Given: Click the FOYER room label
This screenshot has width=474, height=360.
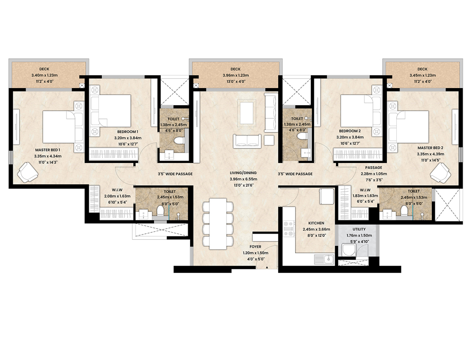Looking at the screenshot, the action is coord(255,247).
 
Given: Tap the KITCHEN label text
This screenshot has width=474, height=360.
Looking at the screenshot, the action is coord(316,223).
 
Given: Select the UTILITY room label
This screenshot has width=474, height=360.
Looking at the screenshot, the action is coord(359,229).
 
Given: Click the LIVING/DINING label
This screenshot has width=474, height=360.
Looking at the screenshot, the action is coord(243,173).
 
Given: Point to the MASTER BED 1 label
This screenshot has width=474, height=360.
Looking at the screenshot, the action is coord(48,150).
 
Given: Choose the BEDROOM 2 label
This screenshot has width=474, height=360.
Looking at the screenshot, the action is coord(350,131).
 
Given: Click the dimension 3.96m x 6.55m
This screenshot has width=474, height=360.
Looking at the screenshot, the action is coord(243,179).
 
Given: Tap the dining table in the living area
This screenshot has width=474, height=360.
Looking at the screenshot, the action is coord(218,224).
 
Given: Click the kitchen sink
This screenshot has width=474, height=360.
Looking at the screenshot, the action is coord(324,260).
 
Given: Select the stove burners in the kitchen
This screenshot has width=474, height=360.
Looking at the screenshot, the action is coord(289,228).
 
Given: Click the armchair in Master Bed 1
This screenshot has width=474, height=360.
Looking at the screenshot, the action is coord(27,172).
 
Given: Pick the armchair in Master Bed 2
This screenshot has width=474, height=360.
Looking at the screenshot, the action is coord(441,173).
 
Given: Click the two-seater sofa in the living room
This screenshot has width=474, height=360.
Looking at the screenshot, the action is coord(247,141).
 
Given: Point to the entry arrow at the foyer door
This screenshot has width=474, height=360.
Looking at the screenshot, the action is coord(267,267).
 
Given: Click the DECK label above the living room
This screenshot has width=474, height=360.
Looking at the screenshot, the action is coord(236,69).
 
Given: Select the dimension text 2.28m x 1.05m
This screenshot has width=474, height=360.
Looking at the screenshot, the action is coord(374,174).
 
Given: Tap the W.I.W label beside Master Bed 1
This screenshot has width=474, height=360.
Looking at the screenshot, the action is coord(117,190).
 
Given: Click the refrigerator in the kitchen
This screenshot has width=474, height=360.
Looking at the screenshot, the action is coord(327,196).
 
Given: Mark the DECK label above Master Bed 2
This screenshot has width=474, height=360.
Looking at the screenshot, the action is coord(422,69).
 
